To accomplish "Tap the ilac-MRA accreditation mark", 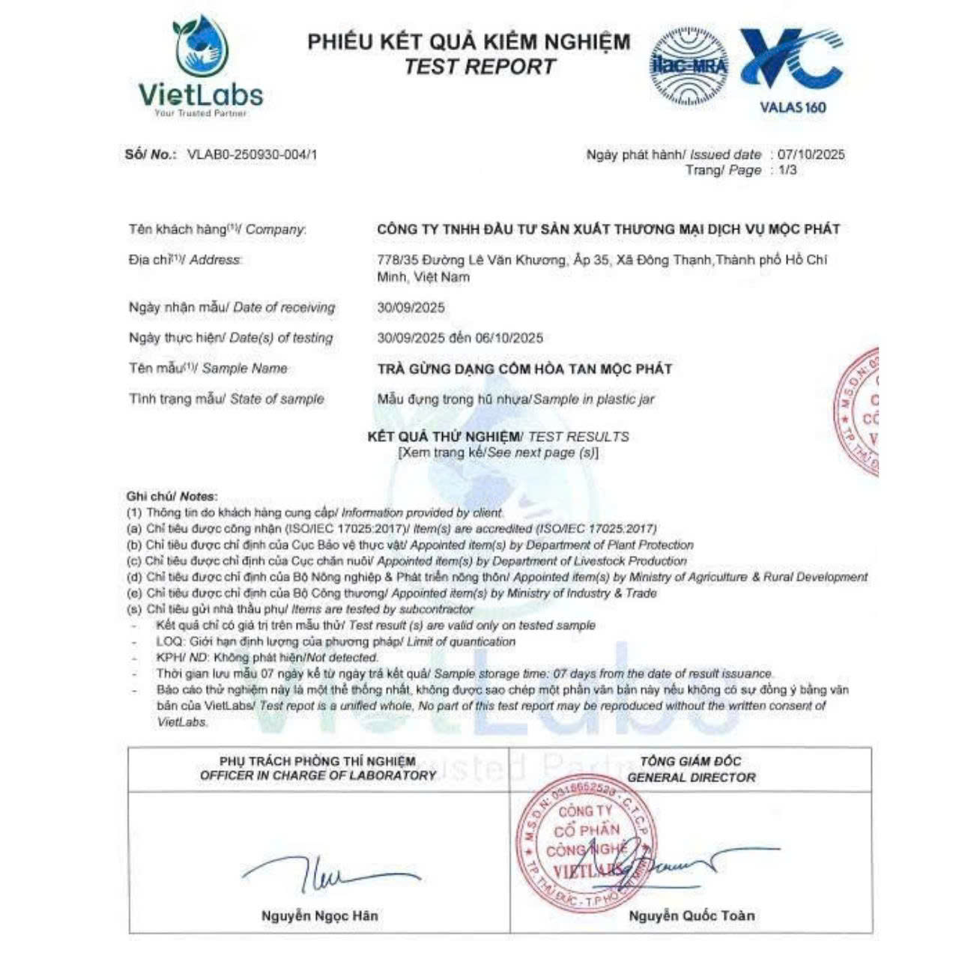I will pyautogui.click(x=689, y=66).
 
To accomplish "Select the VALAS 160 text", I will pyautogui.click(x=793, y=107).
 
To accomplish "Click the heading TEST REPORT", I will pyautogui.click(x=479, y=67).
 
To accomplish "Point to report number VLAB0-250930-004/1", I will pyautogui.click(x=252, y=154).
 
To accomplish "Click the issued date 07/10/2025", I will pyautogui.click(x=811, y=154).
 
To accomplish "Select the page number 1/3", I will pyautogui.click(x=787, y=170).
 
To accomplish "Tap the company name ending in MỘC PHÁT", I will pyautogui.click(x=608, y=229).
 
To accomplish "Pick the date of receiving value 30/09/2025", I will pyautogui.click(x=411, y=307).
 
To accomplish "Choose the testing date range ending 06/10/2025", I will pyautogui.click(x=460, y=338).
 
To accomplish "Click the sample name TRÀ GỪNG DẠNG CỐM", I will pyautogui.click(x=524, y=369).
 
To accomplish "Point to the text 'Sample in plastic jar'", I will pyautogui.click(x=593, y=399).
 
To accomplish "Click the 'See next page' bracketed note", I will pyautogui.click(x=498, y=453).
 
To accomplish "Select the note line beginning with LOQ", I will pyautogui.click(x=336, y=641).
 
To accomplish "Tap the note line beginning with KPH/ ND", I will pyautogui.click(x=267, y=657).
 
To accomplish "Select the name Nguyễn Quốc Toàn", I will pyautogui.click(x=691, y=915).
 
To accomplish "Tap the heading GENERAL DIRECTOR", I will pyautogui.click(x=691, y=777).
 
